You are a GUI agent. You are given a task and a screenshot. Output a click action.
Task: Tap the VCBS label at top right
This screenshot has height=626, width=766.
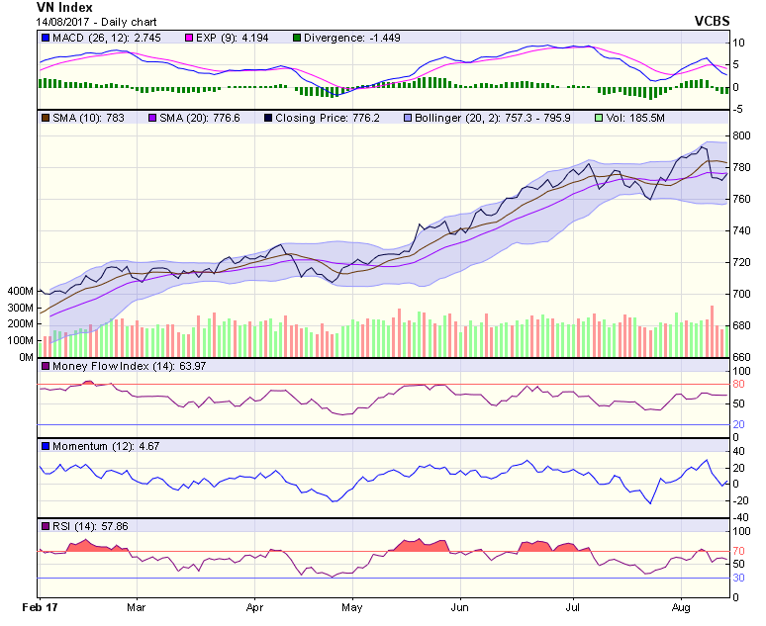[713, 21]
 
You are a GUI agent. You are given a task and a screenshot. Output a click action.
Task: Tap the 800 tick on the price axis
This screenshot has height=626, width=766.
[741, 135]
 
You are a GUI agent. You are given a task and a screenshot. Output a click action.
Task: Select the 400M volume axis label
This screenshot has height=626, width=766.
[20, 292]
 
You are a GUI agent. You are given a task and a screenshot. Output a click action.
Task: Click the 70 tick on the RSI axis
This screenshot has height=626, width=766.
[738, 551]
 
